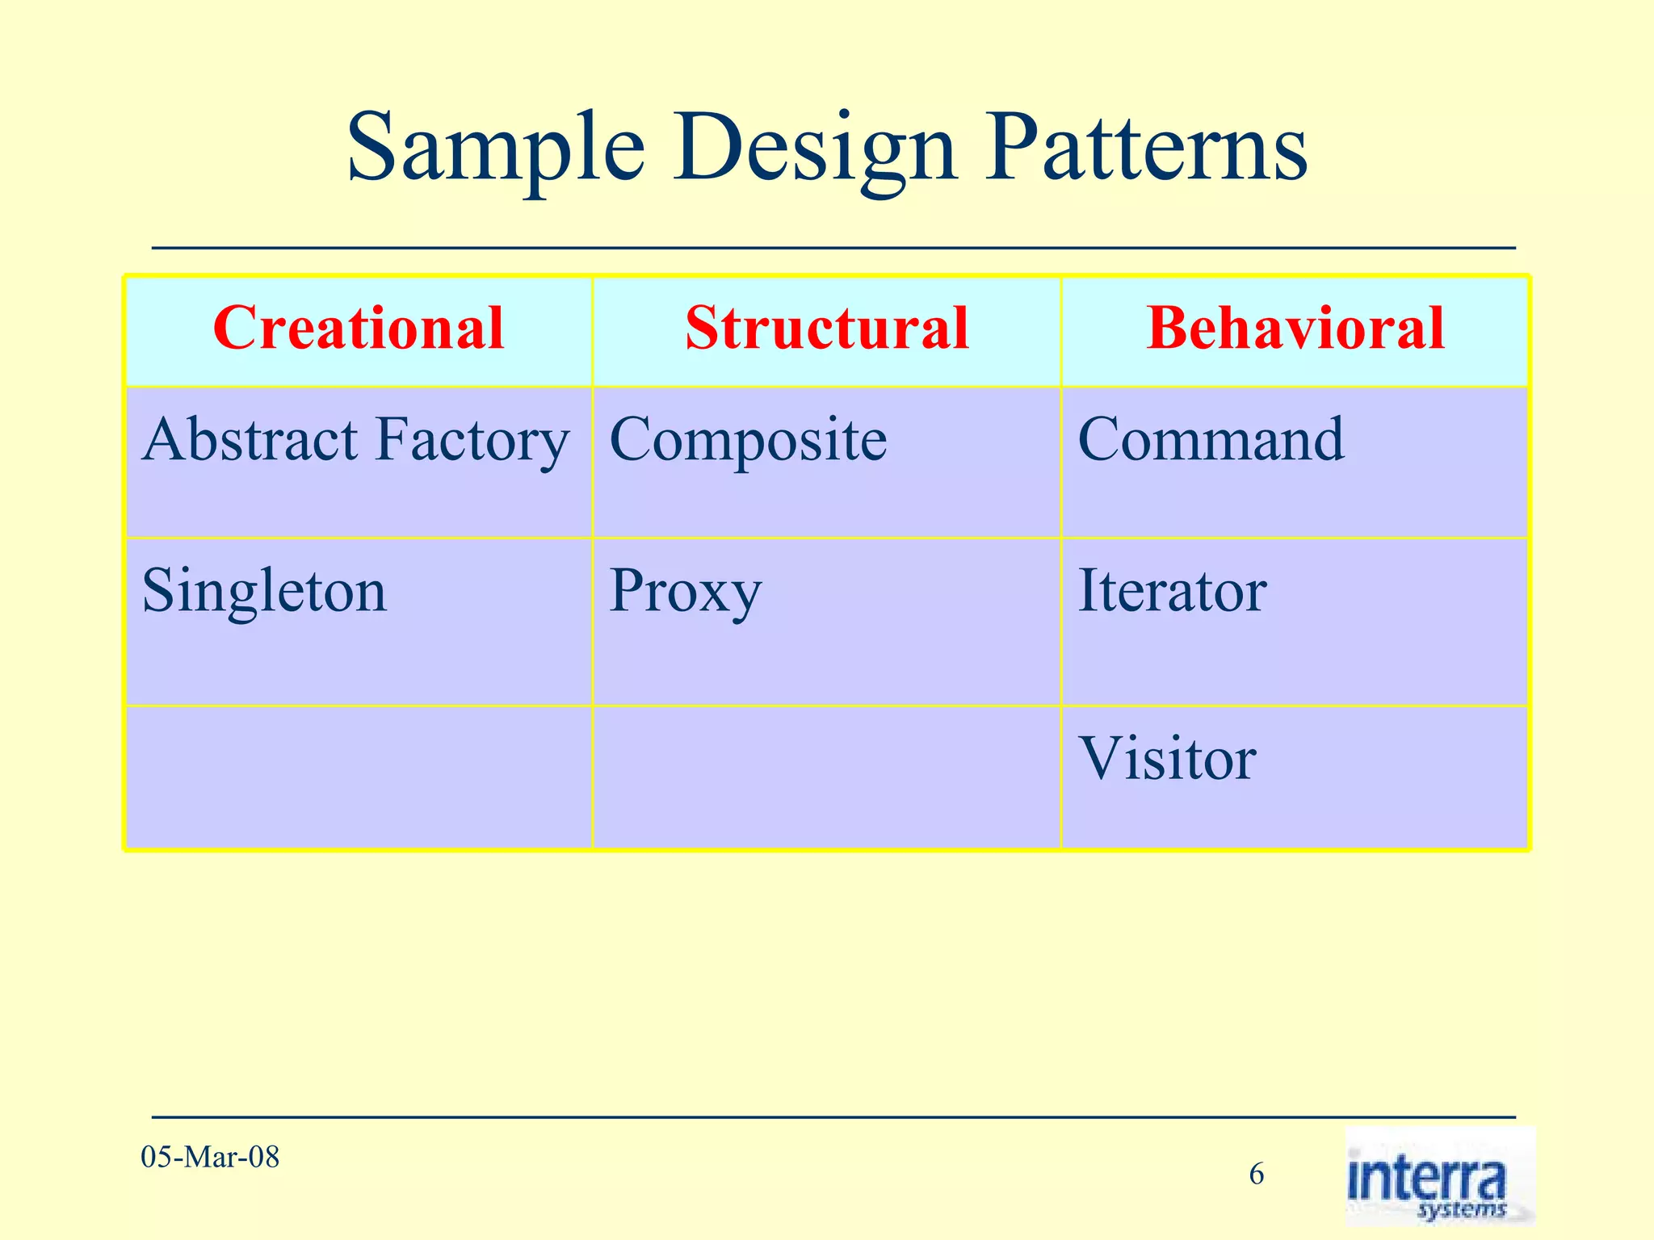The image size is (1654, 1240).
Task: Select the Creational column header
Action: pyautogui.click(x=359, y=329)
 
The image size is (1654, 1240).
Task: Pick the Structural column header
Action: pyautogui.click(x=826, y=329)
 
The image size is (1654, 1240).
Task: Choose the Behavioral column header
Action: pyautogui.click(x=1295, y=329)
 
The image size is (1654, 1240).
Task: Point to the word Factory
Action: pyautogui.click(x=472, y=441)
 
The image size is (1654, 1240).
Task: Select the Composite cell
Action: pyautogui.click(x=748, y=441)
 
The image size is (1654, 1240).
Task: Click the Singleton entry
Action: pyautogui.click(x=264, y=592)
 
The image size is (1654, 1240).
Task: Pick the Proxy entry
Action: pyautogui.click(x=685, y=592)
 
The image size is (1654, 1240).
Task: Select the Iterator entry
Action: pyautogui.click(x=1171, y=592)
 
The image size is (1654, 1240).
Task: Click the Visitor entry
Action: pyautogui.click(x=1167, y=759)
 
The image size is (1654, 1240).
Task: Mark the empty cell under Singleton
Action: pyautogui.click(x=359, y=777)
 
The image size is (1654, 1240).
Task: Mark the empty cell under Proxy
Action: pyautogui.click(x=826, y=777)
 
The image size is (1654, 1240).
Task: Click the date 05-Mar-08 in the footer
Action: pyautogui.click(x=210, y=1158)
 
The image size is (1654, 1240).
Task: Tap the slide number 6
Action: pyautogui.click(x=1257, y=1174)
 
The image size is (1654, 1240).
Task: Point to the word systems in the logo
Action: pyautogui.click(x=1461, y=1209)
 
